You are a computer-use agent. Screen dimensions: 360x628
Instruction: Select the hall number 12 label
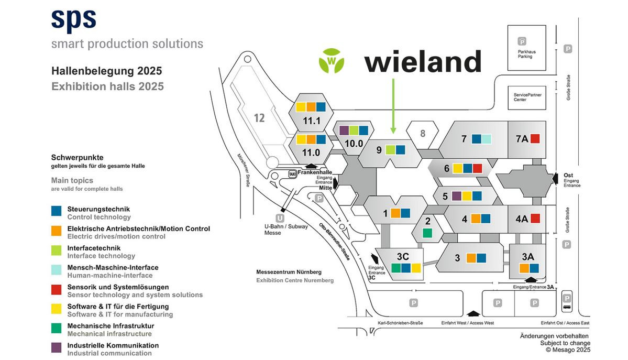(x=259, y=117)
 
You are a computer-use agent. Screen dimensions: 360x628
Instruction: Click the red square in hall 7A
(x=535, y=138)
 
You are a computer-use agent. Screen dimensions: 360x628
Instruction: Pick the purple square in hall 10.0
(x=344, y=130)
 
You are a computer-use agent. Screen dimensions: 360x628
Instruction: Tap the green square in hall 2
(x=427, y=233)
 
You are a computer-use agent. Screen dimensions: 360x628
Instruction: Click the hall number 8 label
(x=423, y=133)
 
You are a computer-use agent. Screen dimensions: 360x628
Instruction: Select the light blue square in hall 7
(x=487, y=139)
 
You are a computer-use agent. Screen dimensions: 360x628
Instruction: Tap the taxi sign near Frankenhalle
(x=292, y=173)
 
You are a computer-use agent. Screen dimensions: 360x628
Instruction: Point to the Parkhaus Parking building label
(x=526, y=54)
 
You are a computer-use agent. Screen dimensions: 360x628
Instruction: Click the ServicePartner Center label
(x=527, y=97)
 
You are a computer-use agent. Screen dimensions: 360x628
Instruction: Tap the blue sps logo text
(x=74, y=19)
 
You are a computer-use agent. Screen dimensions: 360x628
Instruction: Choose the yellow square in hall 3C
(x=416, y=268)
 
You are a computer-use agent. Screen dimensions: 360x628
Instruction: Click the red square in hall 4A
(x=535, y=219)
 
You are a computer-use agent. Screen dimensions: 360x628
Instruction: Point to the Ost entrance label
(x=568, y=176)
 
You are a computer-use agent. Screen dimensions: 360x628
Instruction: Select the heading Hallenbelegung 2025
(x=106, y=71)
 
